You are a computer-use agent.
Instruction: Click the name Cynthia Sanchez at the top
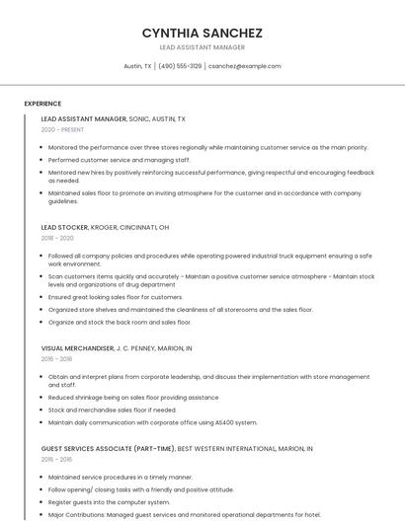click(x=202, y=33)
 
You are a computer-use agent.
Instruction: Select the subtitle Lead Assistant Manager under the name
click(x=202, y=47)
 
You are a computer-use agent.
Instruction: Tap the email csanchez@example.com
click(x=244, y=66)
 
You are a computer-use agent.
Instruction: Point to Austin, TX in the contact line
click(x=137, y=66)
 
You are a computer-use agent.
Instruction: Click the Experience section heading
click(x=42, y=104)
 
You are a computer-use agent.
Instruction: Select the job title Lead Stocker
click(x=65, y=227)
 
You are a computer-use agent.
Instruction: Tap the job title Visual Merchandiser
click(x=78, y=348)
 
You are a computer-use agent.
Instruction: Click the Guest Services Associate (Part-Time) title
click(x=108, y=448)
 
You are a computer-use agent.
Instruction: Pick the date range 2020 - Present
click(x=62, y=129)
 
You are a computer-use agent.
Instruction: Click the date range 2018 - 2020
click(x=57, y=238)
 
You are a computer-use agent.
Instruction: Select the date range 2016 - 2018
click(x=57, y=359)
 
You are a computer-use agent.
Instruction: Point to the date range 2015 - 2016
click(x=57, y=459)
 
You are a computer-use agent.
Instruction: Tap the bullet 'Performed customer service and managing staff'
click(x=119, y=159)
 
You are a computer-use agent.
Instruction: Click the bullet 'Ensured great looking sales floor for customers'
click(x=115, y=297)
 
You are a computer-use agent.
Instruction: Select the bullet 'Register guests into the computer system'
click(x=109, y=502)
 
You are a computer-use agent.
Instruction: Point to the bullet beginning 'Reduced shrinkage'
click(x=133, y=398)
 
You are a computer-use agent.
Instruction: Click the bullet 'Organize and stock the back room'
click(x=120, y=322)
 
